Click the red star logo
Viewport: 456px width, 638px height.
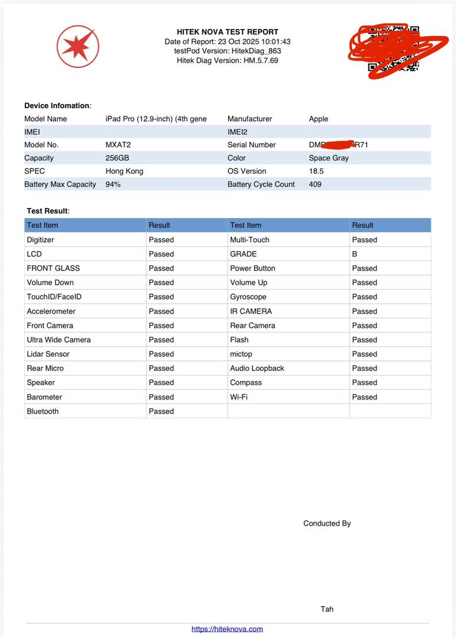click(x=77, y=46)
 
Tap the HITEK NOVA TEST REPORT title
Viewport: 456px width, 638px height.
click(x=228, y=32)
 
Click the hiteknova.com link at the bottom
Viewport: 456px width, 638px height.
click(x=227, y=629)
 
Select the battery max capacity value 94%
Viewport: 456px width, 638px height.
click(x=113, y=184)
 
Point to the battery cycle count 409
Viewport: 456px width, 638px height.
click(x=316, y=184)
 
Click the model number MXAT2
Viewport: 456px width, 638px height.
click(x=118, y=145)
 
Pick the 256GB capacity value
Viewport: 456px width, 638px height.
click(x=117, y=158)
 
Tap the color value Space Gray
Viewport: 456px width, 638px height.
click(x=329, y=158)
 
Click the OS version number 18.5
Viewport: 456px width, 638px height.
click(x=316, y=171)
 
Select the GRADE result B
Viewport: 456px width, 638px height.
click(x=355, y=254)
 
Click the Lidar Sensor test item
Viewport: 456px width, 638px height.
click(x=48, y=354)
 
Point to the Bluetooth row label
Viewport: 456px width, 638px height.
click(x=43, y=411)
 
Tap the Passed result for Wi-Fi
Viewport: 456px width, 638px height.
click(x=365, y=397)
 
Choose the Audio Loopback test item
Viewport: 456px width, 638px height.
click(x=257, y=368)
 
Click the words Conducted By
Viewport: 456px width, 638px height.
click(x=327, y=523)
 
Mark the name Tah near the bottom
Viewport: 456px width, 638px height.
click(x=327, y=609)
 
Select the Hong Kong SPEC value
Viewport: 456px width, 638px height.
click(x=124, y=171)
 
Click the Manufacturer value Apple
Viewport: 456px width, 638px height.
click(x=319, y=119)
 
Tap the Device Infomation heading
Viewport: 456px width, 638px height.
click(x=57, y=106)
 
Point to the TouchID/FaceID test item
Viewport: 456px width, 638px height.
click(x=54, y=297)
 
